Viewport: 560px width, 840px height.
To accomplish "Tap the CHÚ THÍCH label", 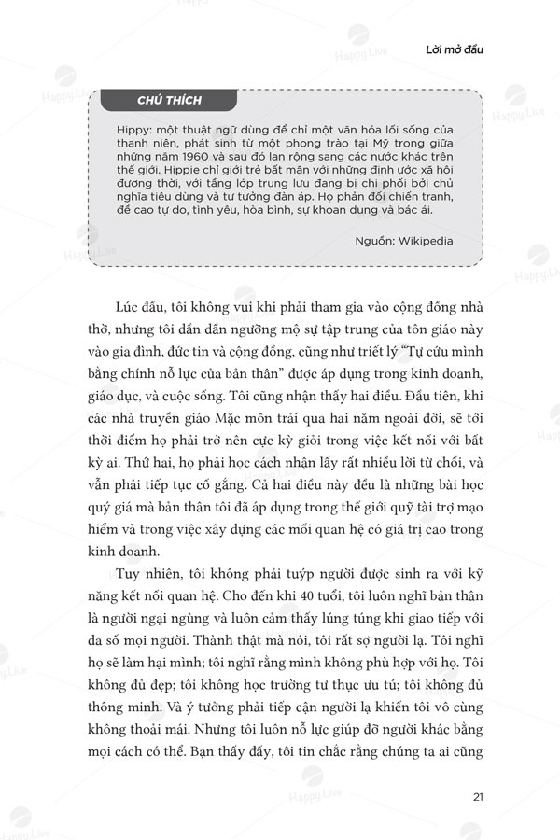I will [x=169, y=100].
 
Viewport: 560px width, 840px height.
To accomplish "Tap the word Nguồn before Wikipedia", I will [x=374, y=240].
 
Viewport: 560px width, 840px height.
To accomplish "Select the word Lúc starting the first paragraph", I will [x=129, y=309].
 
